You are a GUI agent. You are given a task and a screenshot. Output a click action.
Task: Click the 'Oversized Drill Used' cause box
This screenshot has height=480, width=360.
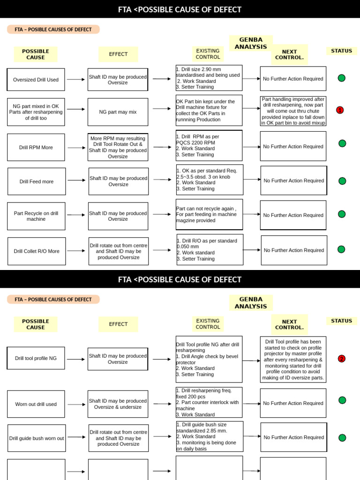[x=36, y=80]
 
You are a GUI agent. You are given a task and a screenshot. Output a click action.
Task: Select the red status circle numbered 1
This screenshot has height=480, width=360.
[x=340, y=110]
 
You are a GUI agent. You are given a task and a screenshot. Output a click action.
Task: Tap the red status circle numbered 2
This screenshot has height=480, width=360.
[x=341, y=359]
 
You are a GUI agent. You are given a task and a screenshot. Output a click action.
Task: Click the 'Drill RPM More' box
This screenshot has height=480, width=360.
[x=36, y=147]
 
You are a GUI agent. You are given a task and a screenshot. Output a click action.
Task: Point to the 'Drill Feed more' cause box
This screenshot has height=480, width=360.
[x=37, y=181]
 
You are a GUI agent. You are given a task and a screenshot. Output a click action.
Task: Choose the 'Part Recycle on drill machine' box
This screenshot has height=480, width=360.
[x=36, y=216]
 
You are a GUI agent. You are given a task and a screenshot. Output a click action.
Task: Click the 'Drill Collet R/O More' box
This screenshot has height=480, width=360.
[x=37, y=251]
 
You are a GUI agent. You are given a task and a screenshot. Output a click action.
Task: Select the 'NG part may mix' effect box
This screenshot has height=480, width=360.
[x=118, y=112]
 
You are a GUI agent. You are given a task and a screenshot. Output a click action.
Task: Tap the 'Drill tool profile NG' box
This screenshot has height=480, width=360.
[x=36, y=358]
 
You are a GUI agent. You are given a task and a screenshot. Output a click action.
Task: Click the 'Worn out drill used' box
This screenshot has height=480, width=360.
[x=36, y=404]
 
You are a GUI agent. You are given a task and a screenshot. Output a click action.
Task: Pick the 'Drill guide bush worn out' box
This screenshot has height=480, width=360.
[x=37, y=438]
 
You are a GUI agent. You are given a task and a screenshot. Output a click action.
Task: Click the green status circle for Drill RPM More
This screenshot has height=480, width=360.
[x=342, y=143]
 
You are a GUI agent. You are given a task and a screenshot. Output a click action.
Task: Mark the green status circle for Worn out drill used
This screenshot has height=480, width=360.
[x=342, y=400]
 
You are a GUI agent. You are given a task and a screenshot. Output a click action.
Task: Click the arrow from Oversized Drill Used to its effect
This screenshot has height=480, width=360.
[x=76, y=80]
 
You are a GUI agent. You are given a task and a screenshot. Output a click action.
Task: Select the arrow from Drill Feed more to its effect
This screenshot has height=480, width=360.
[x=77, y=180]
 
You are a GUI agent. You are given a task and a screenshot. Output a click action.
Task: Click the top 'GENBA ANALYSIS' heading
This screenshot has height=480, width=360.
[x=251, y=43]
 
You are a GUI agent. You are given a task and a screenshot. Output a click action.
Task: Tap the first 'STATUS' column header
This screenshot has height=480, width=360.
[x=341, y=51]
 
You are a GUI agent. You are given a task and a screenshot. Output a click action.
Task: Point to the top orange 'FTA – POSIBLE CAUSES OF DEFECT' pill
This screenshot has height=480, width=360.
[x=53, y=30]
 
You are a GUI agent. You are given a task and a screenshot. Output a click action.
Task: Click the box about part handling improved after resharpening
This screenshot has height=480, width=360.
[x=293, y=111]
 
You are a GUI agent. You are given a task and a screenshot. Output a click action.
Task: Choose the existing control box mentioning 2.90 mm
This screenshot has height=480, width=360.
[x=209, y=78]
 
